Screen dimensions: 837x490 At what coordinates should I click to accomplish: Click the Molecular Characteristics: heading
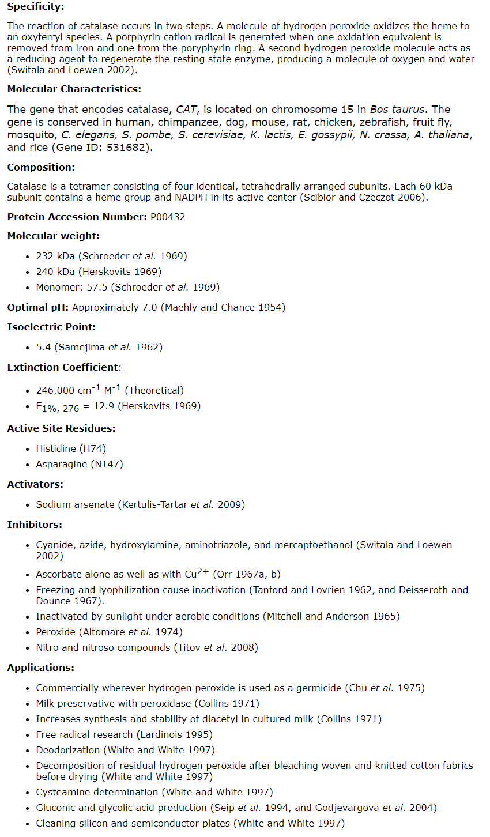pyautogui.click(x=74, y=89)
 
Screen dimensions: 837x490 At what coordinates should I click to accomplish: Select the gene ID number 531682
pyautogui.click(x=130, y=148)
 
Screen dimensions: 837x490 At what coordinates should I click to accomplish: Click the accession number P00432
pyautogui.click(x=168, y=217)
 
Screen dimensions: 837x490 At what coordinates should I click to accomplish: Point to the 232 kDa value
pyautogui.click(x=55, y=256)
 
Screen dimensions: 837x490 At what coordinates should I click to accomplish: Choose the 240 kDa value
pyautogui.click(x=55, y=272)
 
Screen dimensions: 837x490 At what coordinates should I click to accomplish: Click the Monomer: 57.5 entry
pyautogui.click(x=71, y=287)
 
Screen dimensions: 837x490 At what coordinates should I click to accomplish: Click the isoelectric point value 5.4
pyautogui.click(x=43, y=347)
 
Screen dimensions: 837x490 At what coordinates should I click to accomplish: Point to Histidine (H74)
pyautogui.click(x=71, y=448)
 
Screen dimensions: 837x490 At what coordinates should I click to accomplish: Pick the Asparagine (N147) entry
pyautogui.click(x=80, y=464)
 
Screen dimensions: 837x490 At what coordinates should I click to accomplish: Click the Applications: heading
pyautogui.click(x=40, y=668)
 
